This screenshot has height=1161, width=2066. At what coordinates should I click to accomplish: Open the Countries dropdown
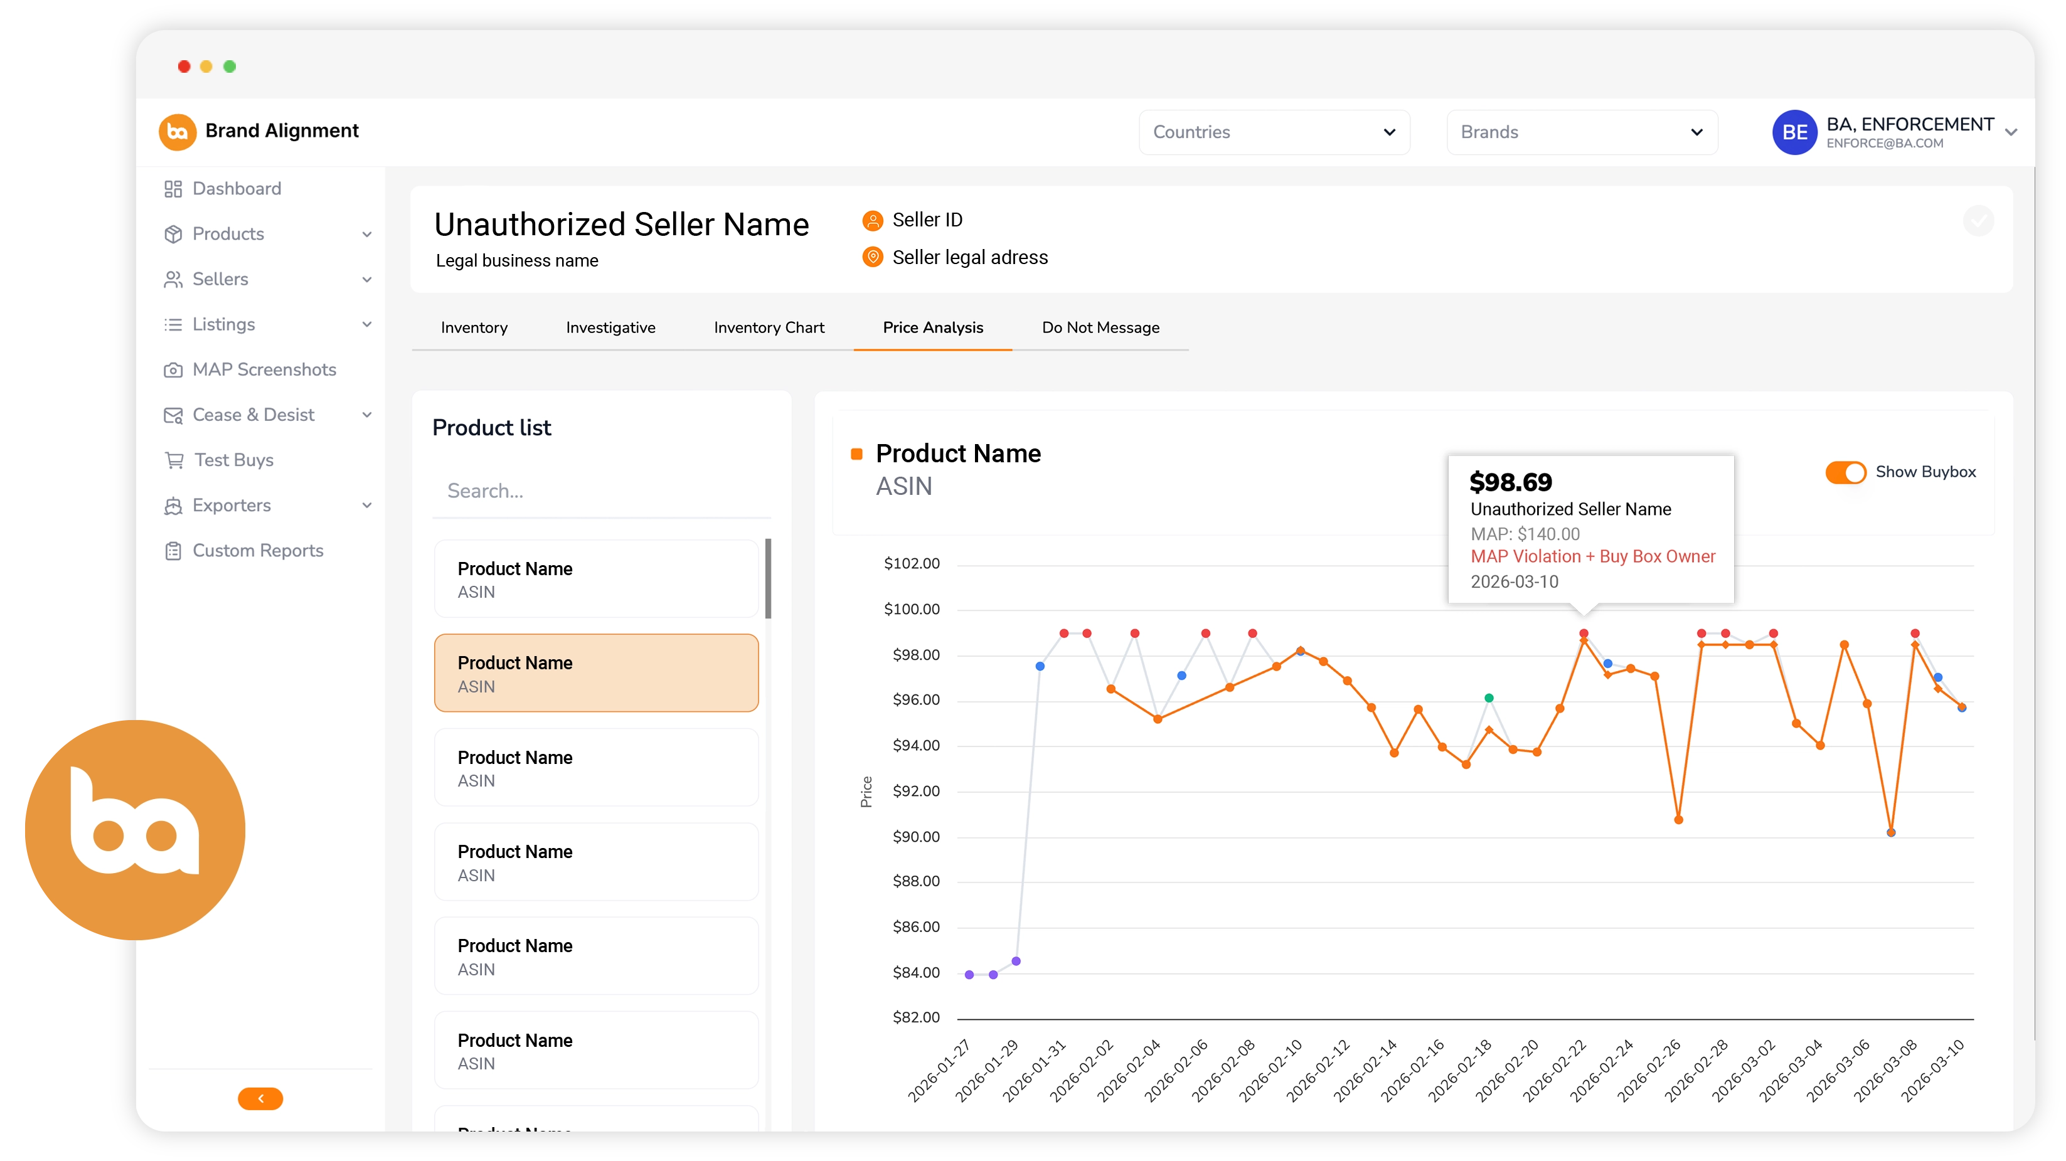pyautogui.click(x=1274, y=132)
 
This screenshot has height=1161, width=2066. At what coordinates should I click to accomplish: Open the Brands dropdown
pyautogui.click(x=1581, y=132)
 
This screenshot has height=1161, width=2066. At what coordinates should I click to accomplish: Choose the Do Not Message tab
pyautogui.click(x=1100, y=327)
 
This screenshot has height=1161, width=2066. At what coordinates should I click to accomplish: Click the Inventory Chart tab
pyautogui.click(x=769, y=327)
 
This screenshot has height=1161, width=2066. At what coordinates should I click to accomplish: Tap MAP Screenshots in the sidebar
pyautogui.click(x=264, y=369)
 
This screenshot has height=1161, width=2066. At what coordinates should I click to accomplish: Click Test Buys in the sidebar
pyautogui.click(x=233, y=460)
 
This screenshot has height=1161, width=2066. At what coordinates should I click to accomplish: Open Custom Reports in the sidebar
pyautogui.click(x=257, y=551)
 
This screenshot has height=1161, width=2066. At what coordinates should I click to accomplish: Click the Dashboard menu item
pyautogui.click(x=237, y=188)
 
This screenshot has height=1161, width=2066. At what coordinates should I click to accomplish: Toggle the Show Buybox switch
pyautogui.click(x=1845, y=472)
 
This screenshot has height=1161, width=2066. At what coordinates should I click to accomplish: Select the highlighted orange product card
pyautogui.click(x=596, y=674)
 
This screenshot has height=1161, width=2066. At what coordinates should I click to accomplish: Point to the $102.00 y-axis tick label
pyautogui.click(x=911, y=564)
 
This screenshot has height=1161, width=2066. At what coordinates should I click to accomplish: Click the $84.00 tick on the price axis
pyautogui.click(x=915, y=973)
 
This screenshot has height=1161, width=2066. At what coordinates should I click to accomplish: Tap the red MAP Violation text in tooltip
pyautogui.click(x=1592, y=556)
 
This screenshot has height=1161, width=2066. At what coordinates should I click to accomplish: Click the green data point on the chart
pyautogui.click(x=1489, y=698)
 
